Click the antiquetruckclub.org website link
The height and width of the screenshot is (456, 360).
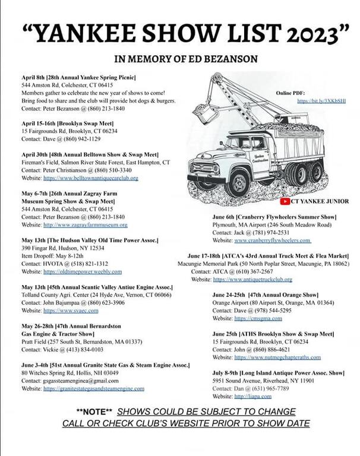coord(252,279)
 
